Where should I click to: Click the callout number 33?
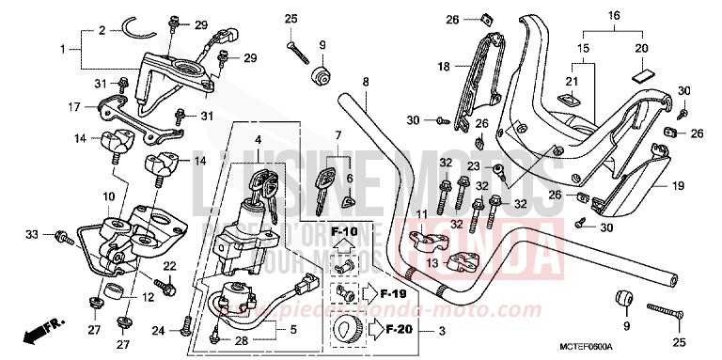coord(31,233)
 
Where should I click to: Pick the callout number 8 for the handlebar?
coord(365,81)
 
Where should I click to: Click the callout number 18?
coord(445,67)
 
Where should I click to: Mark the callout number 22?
coord(170,268)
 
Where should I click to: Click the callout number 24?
coord(159,330)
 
